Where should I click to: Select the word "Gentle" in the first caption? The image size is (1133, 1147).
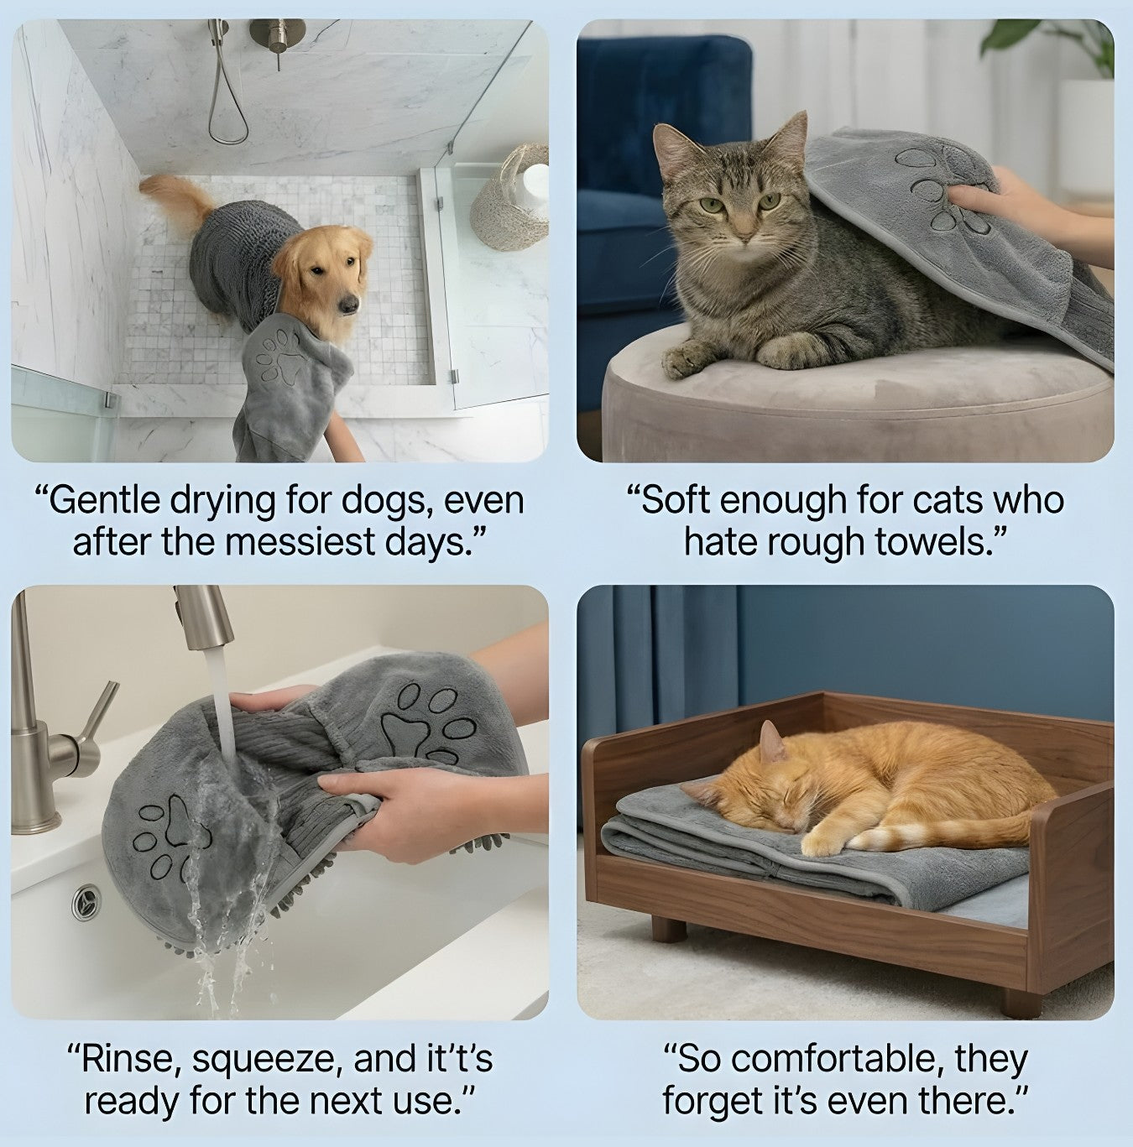(x=102, y=501)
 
